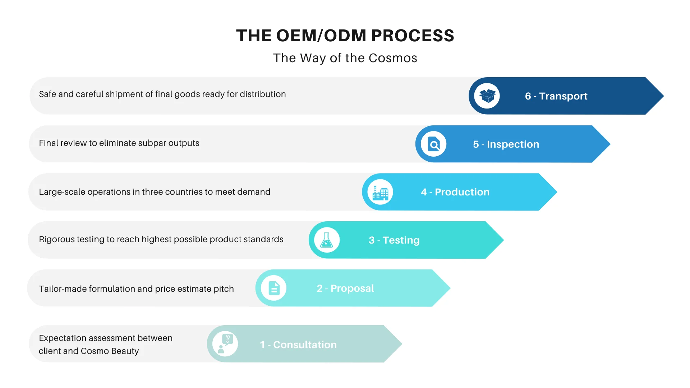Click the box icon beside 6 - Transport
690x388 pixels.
[487, 96]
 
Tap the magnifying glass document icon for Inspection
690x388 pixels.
[434, 144]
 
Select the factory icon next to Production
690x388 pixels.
[380, 192]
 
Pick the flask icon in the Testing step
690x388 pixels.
[327, 240]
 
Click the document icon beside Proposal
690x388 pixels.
[274, 288]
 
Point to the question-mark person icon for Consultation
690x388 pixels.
[225, 344]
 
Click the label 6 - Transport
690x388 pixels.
[556, 96]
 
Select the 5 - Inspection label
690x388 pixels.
[506, 144]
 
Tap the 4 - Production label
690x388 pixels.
[455, 192]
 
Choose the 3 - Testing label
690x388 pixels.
[394, 240]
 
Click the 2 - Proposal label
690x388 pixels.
[345, 288]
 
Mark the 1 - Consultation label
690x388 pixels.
[298, 345]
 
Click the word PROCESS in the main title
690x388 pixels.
[413, 36]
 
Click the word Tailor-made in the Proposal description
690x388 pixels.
[63, 289]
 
